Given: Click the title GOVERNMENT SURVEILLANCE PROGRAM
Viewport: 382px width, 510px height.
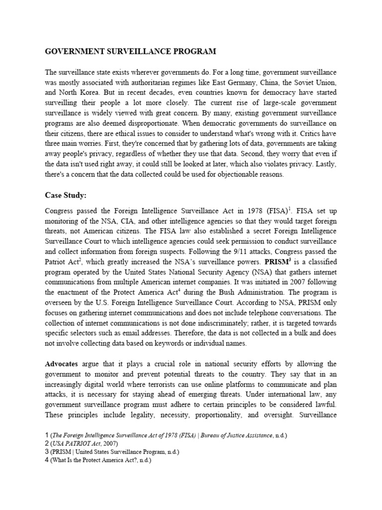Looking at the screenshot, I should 131,51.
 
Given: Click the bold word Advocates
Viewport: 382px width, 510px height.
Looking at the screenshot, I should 62,364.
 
